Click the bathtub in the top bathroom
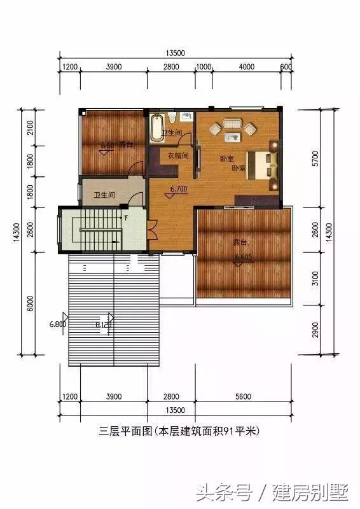click(157, 127)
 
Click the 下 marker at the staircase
click(126, 218)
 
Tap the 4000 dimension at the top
click(246, 67)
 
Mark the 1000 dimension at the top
click(203, 67)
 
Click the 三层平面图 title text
click(123, 431)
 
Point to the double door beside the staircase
click(151, 228)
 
